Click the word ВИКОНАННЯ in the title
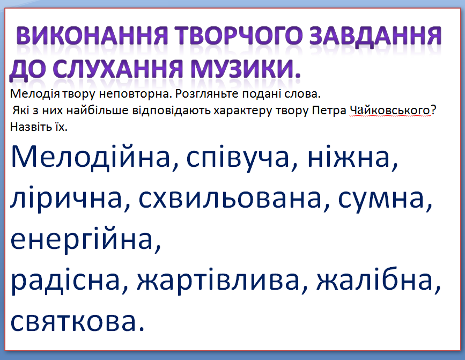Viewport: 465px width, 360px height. point(92,36)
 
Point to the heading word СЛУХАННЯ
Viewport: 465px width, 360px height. point(117,69)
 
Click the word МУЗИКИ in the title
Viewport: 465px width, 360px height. point(241,69)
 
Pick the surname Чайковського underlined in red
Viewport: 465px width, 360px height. point(390,111)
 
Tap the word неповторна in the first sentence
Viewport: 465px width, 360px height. point(134,94)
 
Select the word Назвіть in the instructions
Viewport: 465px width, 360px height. point(28,127)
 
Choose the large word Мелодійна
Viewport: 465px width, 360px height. point(91,157)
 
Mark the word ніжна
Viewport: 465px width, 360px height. point(349,157)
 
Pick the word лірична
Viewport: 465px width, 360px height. point(67,199)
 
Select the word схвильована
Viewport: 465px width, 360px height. point(230,198)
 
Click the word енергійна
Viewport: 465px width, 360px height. point(82,240)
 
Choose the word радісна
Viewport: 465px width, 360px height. point(65,281)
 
